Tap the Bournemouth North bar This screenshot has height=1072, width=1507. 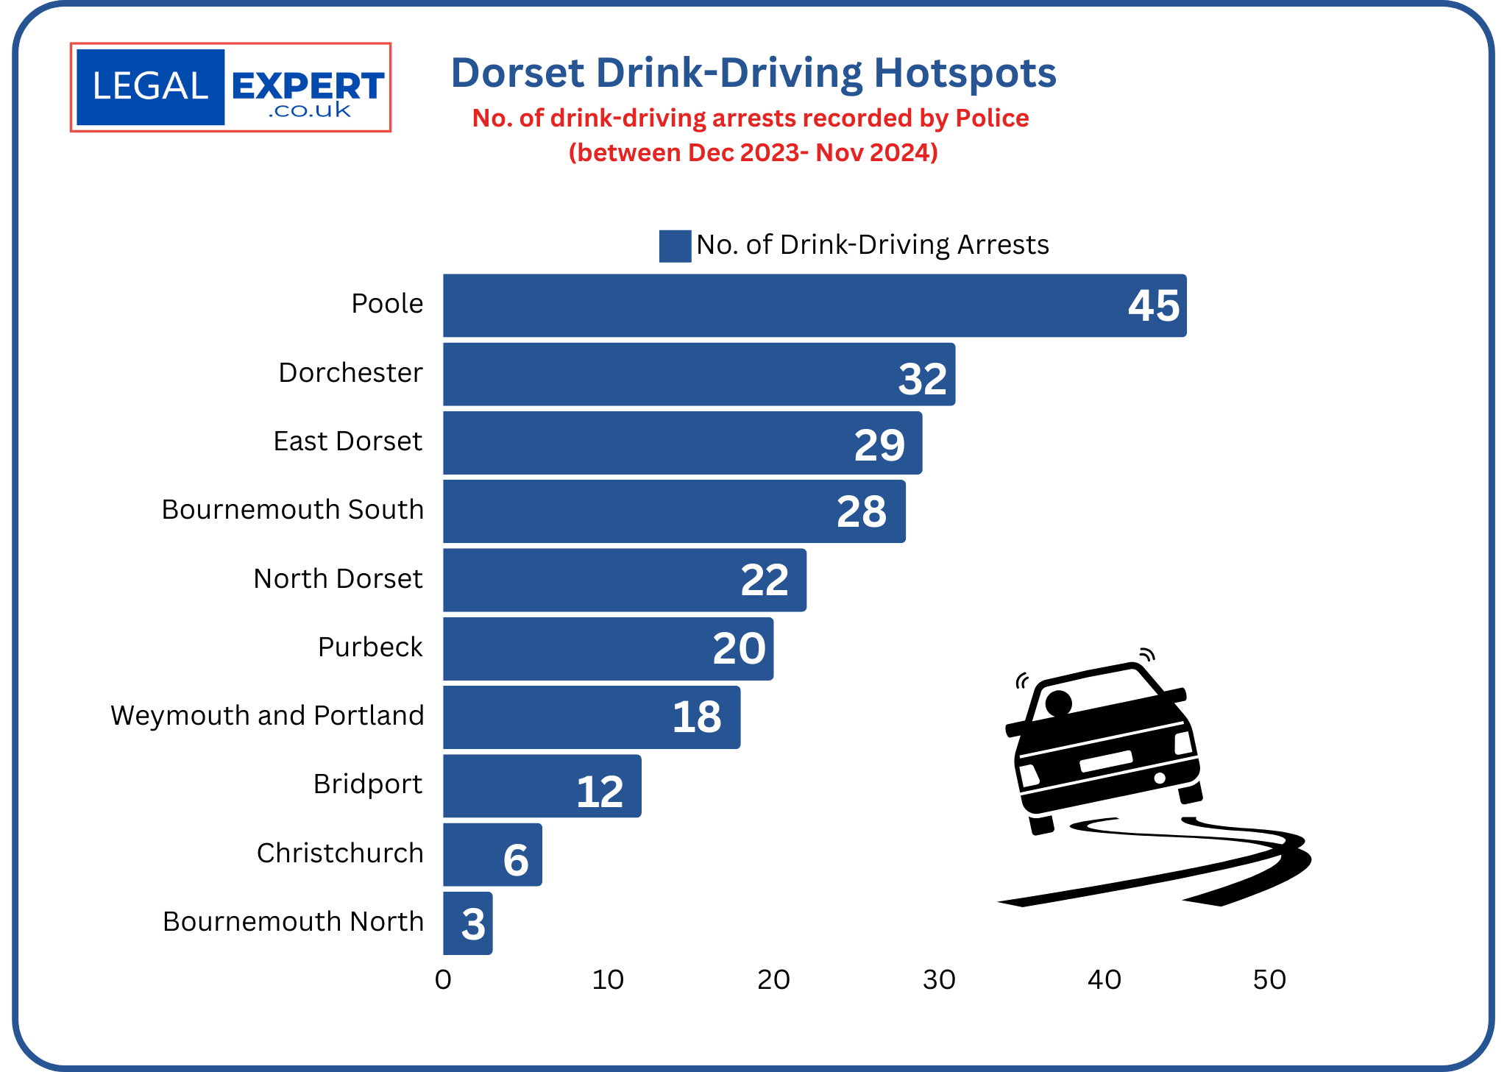(x=467, y=923)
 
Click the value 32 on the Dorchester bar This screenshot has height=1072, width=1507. (x=922, y=379)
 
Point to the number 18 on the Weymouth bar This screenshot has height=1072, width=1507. (x=696, y=717)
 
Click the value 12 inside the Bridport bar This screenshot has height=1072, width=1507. (x=600, y=792)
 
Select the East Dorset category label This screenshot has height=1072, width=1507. (x=347, y=441)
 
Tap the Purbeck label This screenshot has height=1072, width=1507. (x=370, y=647)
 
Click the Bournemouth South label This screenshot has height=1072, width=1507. (x=292, y=510)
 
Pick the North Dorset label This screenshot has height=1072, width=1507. (x=338, y=579)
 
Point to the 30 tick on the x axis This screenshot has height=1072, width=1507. (x=939, y=980)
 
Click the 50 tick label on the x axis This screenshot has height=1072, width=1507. (x=1269, y=980)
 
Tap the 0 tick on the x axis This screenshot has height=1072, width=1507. (x=443, y=980)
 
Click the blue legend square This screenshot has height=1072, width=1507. (x=674, y=246)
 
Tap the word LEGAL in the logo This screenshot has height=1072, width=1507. (x=150, y=87)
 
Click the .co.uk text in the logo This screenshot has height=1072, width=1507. (x=309, y=111)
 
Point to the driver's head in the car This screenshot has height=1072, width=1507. (x=1058, y=703)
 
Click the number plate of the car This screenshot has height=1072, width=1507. (x=1105, y=761)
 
